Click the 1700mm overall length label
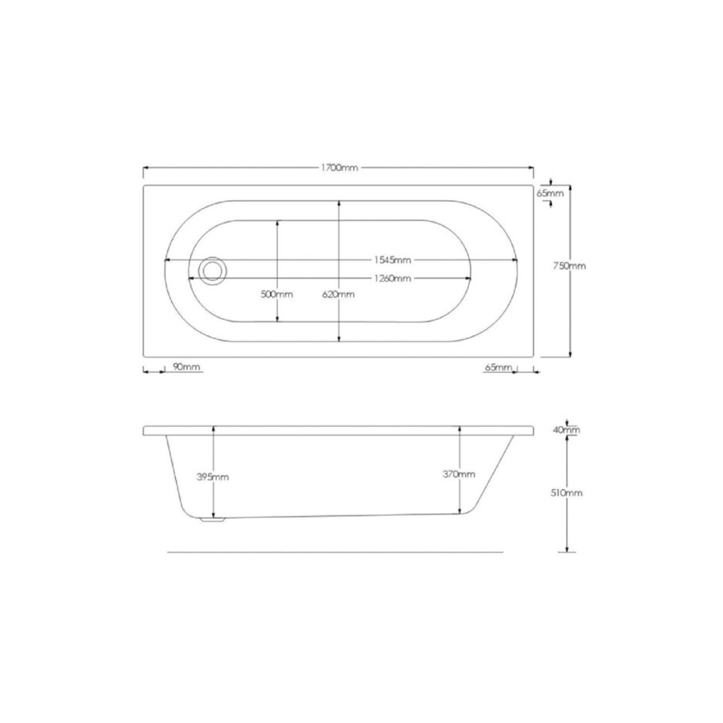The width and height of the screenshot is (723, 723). [338, 168]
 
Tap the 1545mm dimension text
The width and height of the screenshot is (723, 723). [392, 260]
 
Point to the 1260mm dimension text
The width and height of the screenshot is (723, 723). [392, 279]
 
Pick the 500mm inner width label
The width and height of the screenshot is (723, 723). [277, 294]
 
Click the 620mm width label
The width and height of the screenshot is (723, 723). [338, 294]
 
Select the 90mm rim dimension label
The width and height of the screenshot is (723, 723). [186, 367]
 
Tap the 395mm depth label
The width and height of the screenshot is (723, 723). [213, 476]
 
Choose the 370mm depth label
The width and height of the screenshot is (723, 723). [460, 474]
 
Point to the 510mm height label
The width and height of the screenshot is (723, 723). [568, 492]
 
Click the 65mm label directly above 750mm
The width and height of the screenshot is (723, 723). [551, 194]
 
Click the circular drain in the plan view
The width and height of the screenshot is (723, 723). [213, 271]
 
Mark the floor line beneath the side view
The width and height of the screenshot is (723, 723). [336, 553]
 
